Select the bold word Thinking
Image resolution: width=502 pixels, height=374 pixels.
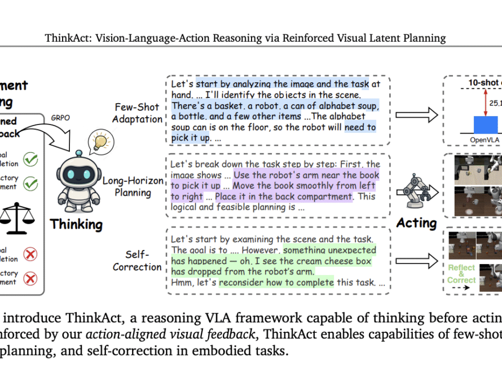pyautogui.click(x=76, y=224)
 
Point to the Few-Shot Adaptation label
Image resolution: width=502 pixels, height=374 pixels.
pyautogui.click(x=138, y=112)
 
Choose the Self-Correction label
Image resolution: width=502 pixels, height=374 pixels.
pyautogui.click(x=138, y=260)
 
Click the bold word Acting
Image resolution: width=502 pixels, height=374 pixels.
pyautogui.click(x=417, y=223)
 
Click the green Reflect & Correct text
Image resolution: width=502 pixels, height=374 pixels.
pyautogui.click(x=461, y=274)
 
